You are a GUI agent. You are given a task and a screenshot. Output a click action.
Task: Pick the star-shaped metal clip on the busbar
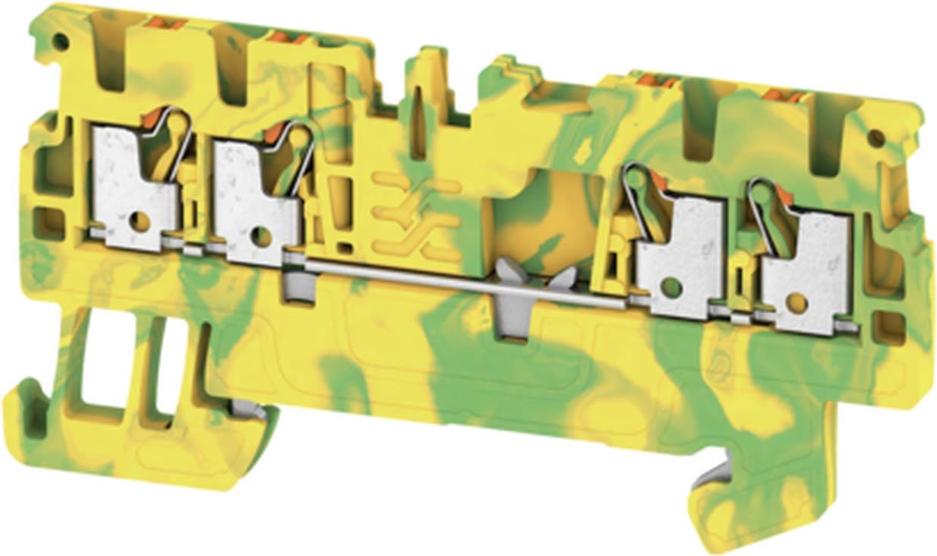tap(524, 285)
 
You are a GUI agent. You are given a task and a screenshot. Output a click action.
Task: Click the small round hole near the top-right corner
tap(875, 137)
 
